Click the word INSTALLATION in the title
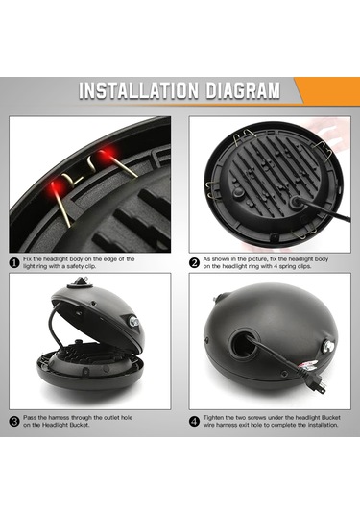[138, 90]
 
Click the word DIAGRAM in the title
[243, 90]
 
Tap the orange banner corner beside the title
[327, 90]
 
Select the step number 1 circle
[14, 263]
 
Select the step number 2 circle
[194, 263]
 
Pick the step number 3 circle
[14, 421]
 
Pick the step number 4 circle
[194, 421]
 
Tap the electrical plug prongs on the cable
[322, 387]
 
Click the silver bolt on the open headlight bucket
[132, 320]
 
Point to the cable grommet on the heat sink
[296, 202]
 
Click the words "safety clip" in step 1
[82, 266]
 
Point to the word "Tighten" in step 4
[213, 418]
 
